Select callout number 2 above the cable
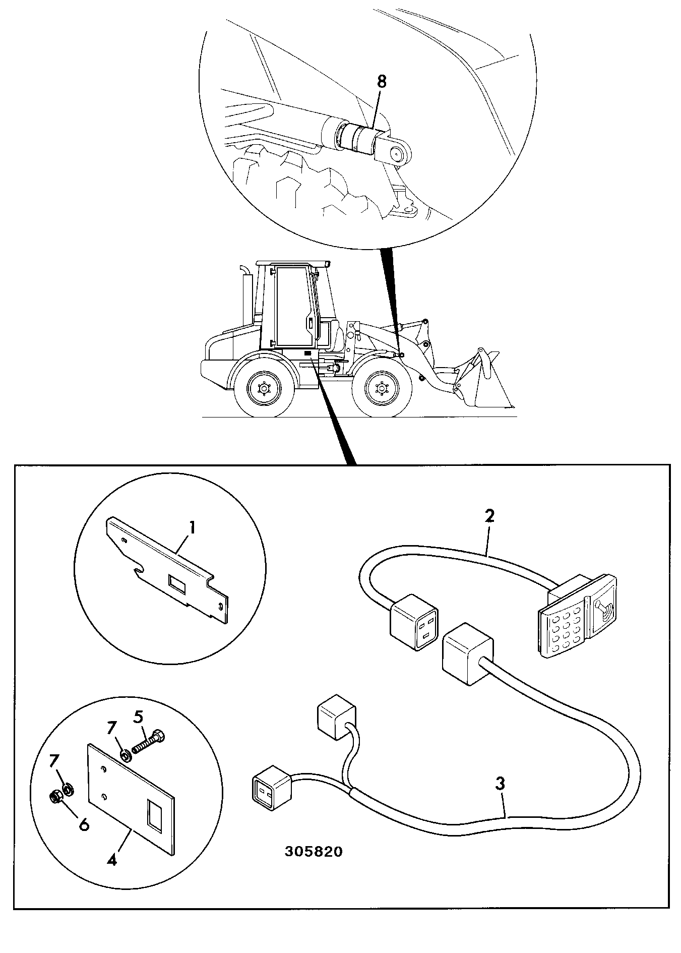pyautogui.click(x=489, y=516)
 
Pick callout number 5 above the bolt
pyautogui.click(x=138, y=716)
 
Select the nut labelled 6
pyautogui.click(x=57, y=797)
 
